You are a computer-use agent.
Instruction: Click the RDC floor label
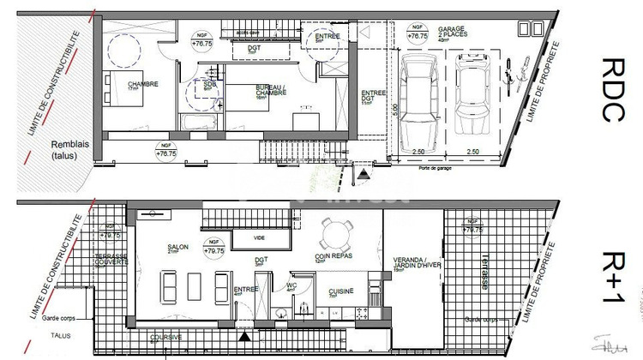pos(610,90)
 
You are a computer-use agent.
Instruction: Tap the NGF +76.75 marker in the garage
pos(418,35)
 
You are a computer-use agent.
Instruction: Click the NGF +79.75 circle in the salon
pos(211,249)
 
